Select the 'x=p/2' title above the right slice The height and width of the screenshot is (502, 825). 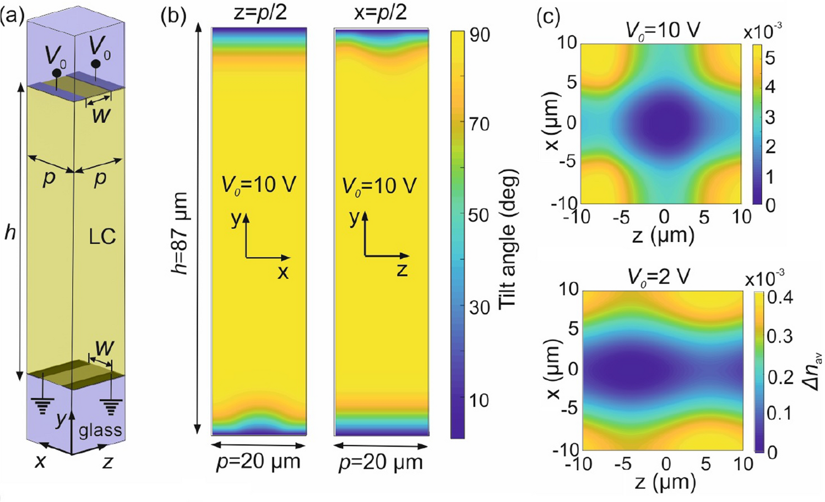[x=381, y=12]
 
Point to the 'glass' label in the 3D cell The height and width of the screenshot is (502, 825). [x=100, y=429]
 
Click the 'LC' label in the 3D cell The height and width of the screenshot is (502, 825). [x=102, y=237]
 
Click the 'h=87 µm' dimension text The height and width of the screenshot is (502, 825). [x=180, y=234]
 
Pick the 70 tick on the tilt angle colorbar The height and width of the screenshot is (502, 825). [x=478, y=124]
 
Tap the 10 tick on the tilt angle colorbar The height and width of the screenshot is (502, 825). [x=478, y=400]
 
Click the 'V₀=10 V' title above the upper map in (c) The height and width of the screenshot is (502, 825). [x=663, y=30]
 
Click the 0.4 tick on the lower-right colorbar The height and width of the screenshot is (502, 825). [x=779, y=298]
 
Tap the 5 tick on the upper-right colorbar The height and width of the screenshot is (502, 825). [x=770, y=57]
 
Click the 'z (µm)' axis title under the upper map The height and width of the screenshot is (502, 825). [x=663, y=235]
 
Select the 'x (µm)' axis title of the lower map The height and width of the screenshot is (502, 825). [x=552, y=369]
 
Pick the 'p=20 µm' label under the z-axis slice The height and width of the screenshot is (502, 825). [x=381, y=462]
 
